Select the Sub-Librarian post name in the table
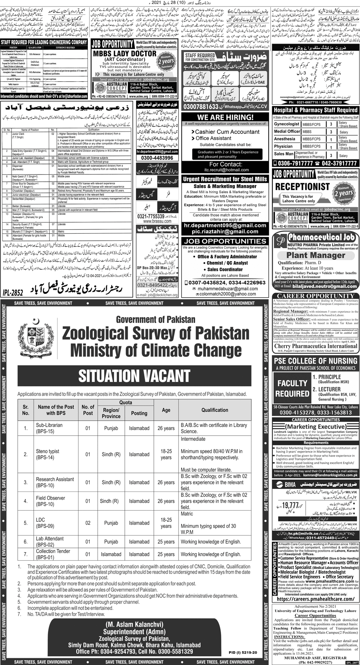coord(49,428)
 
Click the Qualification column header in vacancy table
coord(215,410)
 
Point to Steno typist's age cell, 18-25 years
coord(166,454)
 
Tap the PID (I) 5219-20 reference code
coord(243,652)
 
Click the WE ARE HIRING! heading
coord(225,117)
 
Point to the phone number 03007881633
coord(201,107)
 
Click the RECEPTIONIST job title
coord(302,186)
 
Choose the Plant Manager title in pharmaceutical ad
coord(315,255)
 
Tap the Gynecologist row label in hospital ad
coord(287,124)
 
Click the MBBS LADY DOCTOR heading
coord(125,54)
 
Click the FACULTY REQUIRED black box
coord(292,388)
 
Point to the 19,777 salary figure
coord(291,505)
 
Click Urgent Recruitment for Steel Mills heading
coord(225,179)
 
